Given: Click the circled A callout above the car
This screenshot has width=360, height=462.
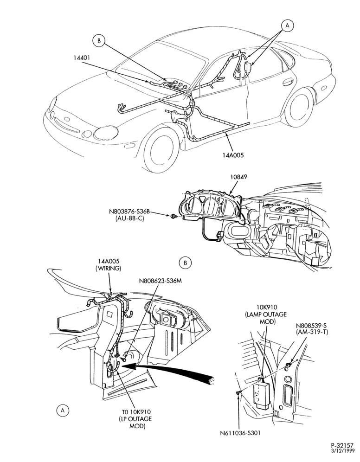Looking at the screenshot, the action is [288, 26].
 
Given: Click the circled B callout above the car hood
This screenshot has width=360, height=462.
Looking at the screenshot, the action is [99, 41].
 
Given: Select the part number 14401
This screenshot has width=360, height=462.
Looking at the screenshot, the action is [82, 58].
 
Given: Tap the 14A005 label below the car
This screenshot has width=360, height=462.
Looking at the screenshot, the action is [233, 154].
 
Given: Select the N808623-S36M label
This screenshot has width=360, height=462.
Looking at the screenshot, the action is [160, 281].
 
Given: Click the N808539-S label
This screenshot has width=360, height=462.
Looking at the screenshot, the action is [312, 326].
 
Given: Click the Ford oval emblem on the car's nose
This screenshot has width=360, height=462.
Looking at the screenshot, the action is [67, 120].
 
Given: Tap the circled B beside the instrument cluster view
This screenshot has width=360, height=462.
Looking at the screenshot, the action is [185, 262].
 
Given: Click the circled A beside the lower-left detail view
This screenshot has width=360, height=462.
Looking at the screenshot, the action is [63, 410].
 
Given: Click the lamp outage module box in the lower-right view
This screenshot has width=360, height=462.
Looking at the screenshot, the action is [262, 394].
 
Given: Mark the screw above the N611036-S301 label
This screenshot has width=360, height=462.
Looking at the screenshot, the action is [238, 392].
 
